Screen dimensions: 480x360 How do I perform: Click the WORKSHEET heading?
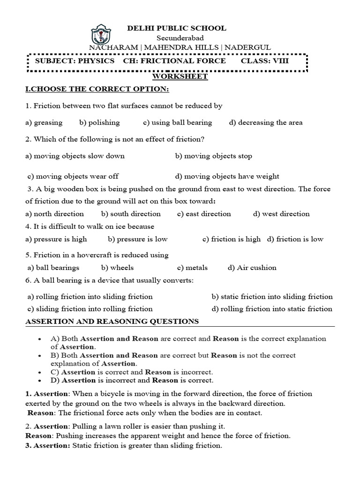pyautogui.click(x=180, y=77)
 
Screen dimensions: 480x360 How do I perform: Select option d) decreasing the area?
pyautogui.click(x=266, y=122)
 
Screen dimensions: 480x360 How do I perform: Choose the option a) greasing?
pyautogui.click(x=44, y=122)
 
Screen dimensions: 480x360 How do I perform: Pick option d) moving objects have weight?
pyautogui.click(x=227, y=176)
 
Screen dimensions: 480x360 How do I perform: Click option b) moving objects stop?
pyautogui.click(x=213, y=156)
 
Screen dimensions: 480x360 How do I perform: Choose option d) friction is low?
pyautogui.click(x=295, y=239)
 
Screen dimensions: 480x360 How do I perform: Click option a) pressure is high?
pyautogui.click(x=56, y=239)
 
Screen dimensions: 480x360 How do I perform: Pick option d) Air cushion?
pyautogui.click(x=252, y=268)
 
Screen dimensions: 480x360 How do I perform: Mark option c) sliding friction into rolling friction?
pyautogui.click(x=90, y=308)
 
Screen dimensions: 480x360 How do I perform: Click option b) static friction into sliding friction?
pyautogui.click(x=272, y=296)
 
